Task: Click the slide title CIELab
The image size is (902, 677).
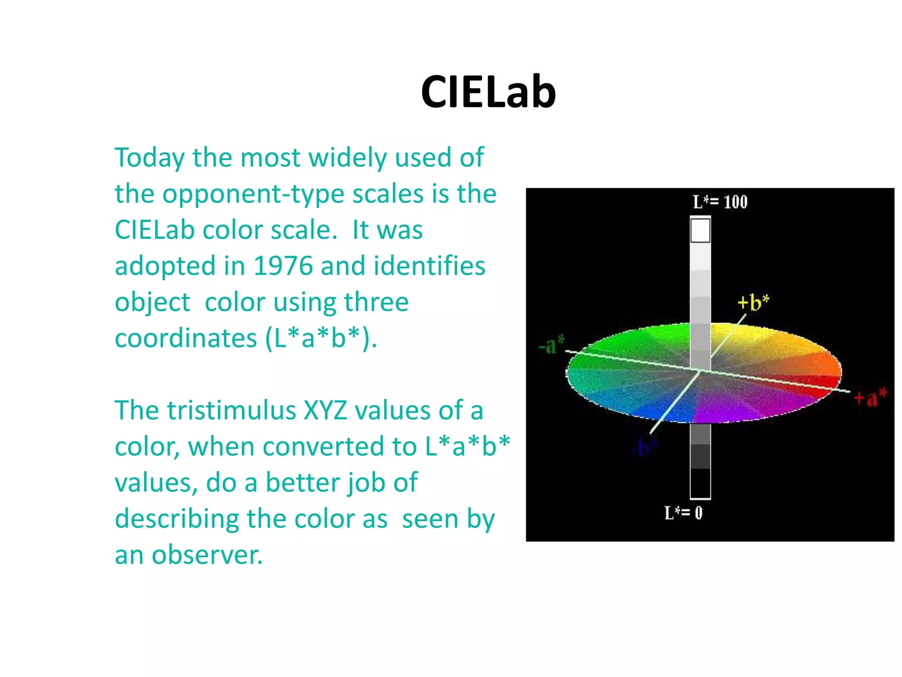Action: click(488, 92)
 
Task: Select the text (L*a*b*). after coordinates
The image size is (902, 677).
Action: click(321, 338)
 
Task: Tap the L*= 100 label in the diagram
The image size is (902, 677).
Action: click(720, 202)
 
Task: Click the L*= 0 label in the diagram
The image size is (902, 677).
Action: click(683, 513)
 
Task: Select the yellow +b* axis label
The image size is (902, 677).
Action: click(753, 302)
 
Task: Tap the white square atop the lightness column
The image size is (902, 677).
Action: click(700, 231)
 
